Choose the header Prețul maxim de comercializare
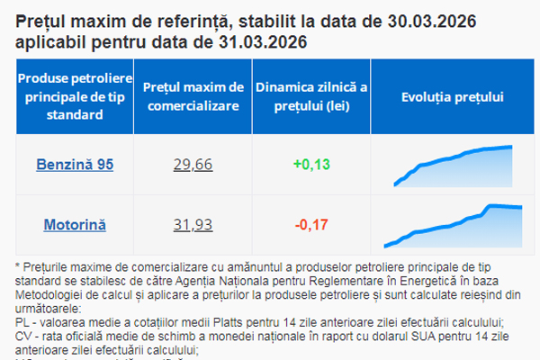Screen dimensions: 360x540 point(194,95)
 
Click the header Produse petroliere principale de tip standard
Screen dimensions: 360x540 point(75,95)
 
